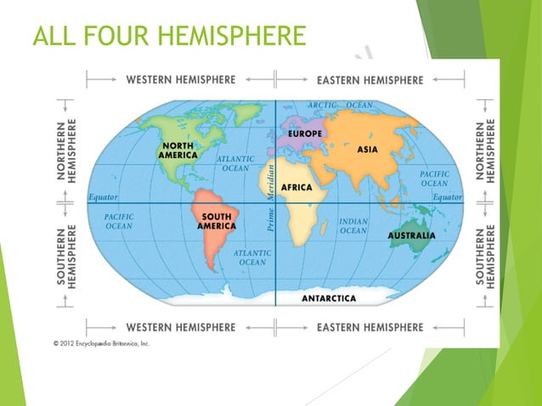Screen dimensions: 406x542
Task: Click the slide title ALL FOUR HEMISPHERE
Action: coord(168,38)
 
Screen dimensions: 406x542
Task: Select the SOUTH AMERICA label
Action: coord(216,222)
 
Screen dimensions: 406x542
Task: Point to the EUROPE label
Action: coord(305,134)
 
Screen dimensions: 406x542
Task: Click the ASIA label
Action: coord(368,149)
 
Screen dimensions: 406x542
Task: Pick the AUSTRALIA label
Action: coord(412,235)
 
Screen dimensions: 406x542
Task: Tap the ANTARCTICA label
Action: coord(335,298)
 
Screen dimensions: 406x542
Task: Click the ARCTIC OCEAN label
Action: coord(341,104)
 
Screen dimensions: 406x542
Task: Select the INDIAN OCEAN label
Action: coord(353,225)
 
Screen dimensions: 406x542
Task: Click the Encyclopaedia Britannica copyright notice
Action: coord(101,343)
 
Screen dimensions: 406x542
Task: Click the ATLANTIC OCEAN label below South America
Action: coord(253,257)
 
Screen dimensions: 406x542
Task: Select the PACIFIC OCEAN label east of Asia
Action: coord(434,178)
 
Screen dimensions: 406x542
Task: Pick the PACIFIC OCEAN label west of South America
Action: coord(119,222)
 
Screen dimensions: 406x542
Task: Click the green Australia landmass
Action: coord(410,246)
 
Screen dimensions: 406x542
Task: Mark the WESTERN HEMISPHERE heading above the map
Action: coord(180,80)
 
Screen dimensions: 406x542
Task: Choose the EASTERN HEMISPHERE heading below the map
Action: coord(370,327)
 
